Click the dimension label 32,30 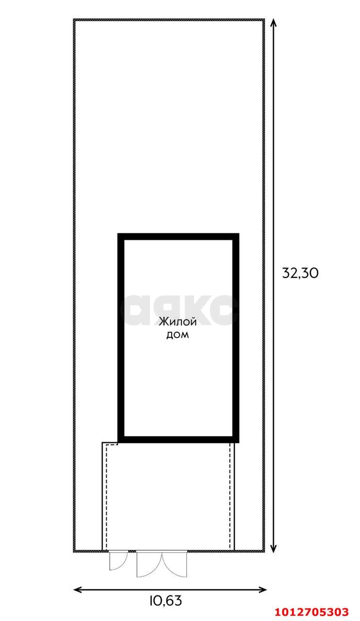tap(300, 273)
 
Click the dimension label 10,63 tap(165, 601)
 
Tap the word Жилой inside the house tap(178, 322)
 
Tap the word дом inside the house tap(178, 335)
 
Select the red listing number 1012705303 tap(311, 611)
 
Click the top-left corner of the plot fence tap(74, 19)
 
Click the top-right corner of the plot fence tap(264, 19)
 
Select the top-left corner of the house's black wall tap(118, 234)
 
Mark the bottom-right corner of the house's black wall tap(239, 442)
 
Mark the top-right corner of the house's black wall tap(239, 234)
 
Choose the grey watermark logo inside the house tap(179, 310)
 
